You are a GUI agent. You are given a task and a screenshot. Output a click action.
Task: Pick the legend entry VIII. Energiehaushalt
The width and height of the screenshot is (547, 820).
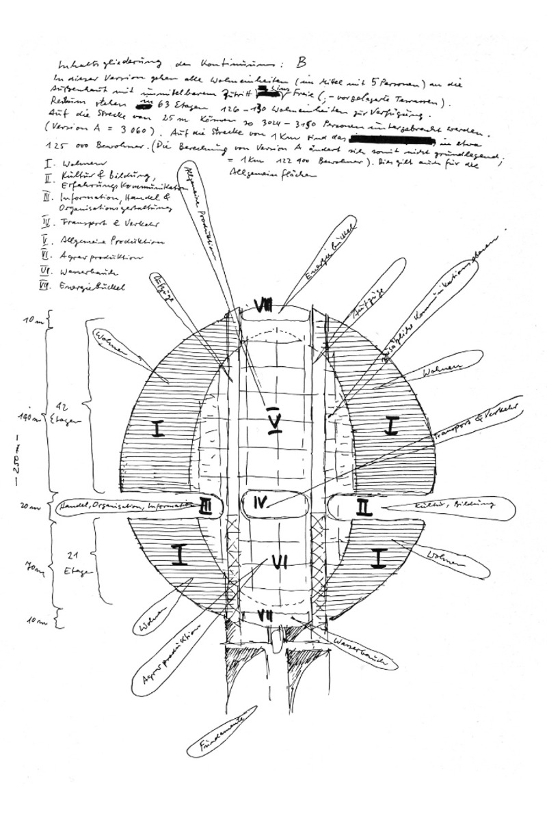click(89, 287)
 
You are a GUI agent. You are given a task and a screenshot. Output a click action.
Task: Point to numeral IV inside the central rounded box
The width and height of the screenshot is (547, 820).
click(261, 504)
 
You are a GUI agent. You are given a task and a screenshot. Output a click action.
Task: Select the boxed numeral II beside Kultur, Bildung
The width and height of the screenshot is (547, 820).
click(364, 507)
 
